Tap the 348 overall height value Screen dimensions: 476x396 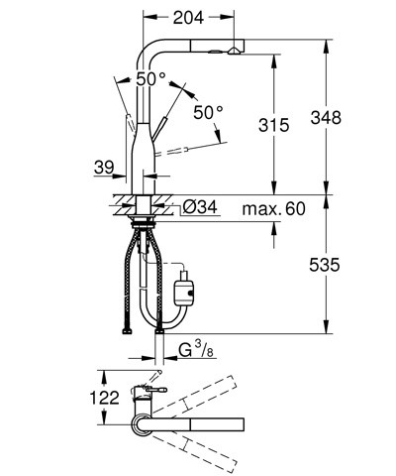[x=353, y=117]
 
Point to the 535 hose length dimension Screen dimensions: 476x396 [x=353, y=266]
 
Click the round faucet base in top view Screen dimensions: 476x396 [x=142, y=427]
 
